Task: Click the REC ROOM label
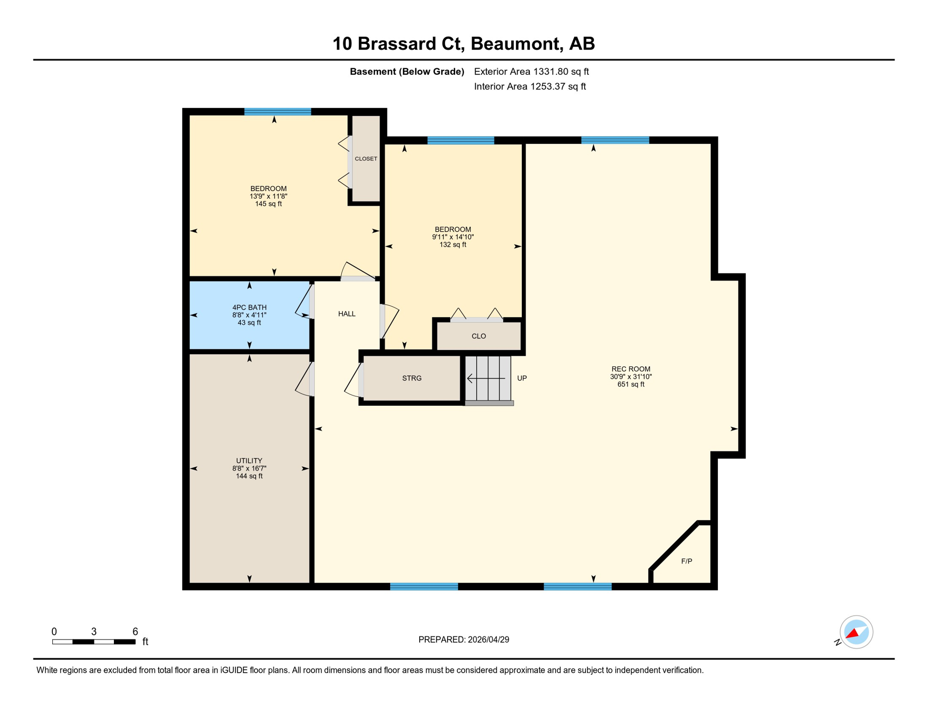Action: pyautogui.click(x=631, y=369)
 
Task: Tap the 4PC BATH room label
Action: pyautogui.click(x=249, y=307)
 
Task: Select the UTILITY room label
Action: pyautogui.click(x=249, y=461)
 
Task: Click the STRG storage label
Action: pyautogui.click(x=412, y=378)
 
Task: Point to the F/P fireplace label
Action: pyautogui.click(x=686, y=561)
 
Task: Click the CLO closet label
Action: pyautogui.click(x=478, y=336)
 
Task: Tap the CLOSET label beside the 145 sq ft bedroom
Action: pyautogui.click(x=366, y=159)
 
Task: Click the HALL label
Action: pyautogui.click(x=347, y=314)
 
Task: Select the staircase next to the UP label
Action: pyautogui.click(x=488, y=378)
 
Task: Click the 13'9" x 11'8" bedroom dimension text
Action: pyautogui.click(x=268, y=197)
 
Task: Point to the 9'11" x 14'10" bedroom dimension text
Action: pyautogui.click(x=453, y=237)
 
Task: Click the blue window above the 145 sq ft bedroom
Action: pyautogui.click(x=278, y=112)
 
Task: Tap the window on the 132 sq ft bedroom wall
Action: pyautogui.click(x=461, y=140)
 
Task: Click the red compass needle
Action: pyautogui.click(x=852, y=634)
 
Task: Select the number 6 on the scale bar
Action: pyautogui.click(x=135, y=632)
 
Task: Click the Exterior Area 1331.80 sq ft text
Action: pyautogui.click(x=531, y=71)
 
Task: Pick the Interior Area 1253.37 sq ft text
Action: pyautogui.click(x=530, y=86)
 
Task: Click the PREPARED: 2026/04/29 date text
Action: pyautogui.click(x=464, y=640)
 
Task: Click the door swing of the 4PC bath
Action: pyautogui.click(x=303, y=302)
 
